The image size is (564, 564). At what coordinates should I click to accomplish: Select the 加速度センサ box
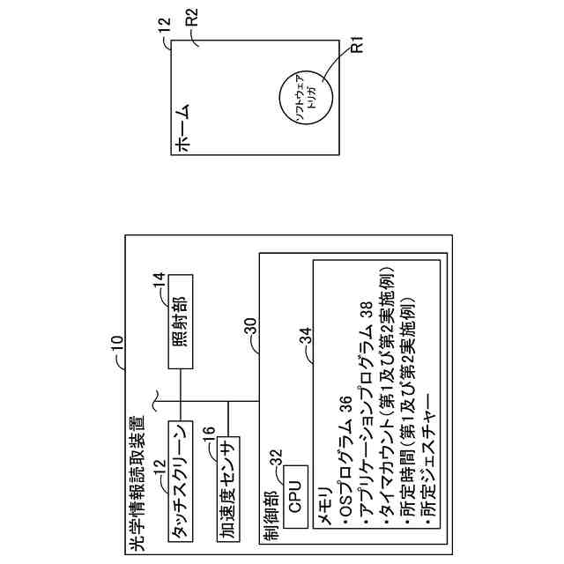pyautogui.click(x=229, y=486)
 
